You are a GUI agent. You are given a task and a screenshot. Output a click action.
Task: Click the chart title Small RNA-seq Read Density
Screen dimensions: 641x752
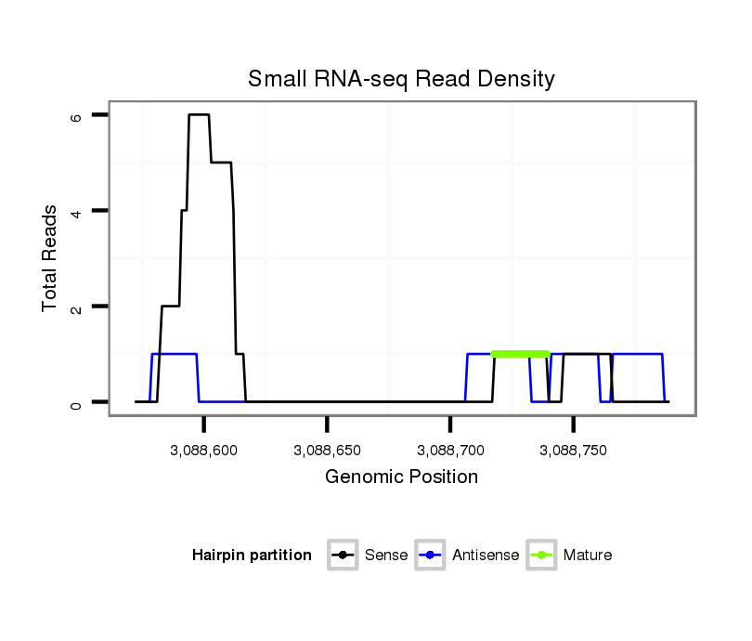click(401, 79)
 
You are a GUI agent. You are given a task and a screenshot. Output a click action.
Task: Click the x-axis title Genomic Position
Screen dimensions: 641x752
click(401, 477)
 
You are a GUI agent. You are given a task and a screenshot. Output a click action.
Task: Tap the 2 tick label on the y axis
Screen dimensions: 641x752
click(76, 307)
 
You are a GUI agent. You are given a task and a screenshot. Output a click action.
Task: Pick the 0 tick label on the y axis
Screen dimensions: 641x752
click(76, 402)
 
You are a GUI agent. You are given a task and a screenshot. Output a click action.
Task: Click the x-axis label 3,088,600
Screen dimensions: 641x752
click(204, 450)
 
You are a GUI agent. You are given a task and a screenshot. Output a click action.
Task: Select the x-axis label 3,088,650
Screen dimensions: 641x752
click(327, 450)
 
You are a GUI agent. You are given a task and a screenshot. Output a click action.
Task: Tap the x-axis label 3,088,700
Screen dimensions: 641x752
click(450, 450)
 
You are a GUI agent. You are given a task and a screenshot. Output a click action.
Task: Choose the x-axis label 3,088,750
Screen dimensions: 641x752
click(573, 450)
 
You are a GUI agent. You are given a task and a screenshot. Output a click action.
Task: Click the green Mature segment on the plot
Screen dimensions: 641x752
click(520, 354)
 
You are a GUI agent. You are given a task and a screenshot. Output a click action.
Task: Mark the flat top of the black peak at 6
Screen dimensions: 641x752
click(199, 115)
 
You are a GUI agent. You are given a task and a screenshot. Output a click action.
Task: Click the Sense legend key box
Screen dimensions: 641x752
click(343, 556)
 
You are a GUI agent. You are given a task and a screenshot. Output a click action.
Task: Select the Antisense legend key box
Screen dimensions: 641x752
click(431, 556)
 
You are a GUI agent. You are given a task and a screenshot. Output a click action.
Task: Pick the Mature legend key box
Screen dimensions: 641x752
click(540, 556)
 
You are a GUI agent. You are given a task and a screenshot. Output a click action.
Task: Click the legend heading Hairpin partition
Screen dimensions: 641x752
click(252, 556)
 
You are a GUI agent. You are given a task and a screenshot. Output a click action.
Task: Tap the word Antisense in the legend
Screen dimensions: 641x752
click(486, 556)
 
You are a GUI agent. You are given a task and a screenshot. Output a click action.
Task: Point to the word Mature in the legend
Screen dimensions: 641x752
click(588, 556)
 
